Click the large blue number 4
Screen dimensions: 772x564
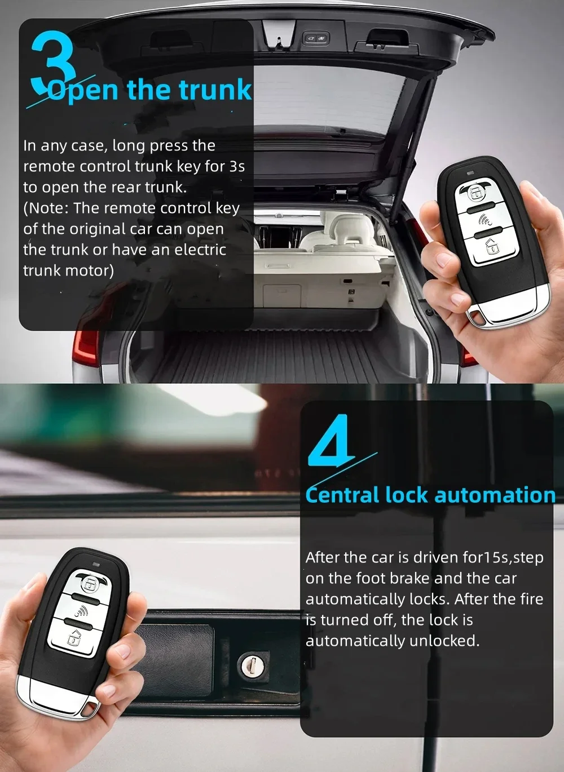[x=332, y=440]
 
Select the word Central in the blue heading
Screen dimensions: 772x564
[x=342, y=495]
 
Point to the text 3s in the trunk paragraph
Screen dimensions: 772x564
[x=237, y=166]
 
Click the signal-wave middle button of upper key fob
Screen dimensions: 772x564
[x=484, y=219]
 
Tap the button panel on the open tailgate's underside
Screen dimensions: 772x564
[x=315, y=38]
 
